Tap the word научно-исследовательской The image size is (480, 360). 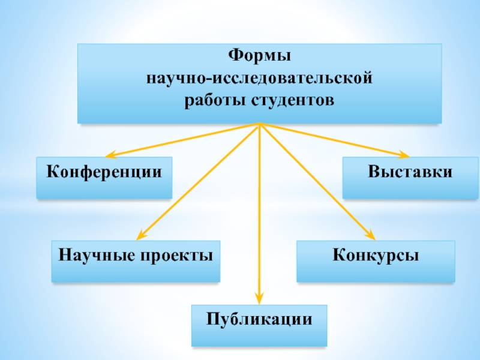(x=259, y=79)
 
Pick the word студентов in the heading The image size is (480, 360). (x=288, y=100)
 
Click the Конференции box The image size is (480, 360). (x=104, y=178)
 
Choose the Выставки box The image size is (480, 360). (x=410, y=178)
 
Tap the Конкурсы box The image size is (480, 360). (x=376, y=261)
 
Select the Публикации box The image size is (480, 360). (x=259, y=325)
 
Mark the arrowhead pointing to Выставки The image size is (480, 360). (x=406, y=154)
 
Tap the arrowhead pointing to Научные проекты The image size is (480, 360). (x=140, y=235)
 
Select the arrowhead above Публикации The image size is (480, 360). (x=259, y=298)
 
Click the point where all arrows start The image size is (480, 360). (x=259, y=124)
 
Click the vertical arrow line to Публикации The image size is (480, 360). (x=259, y=210)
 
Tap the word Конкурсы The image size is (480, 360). (x=376, y=256)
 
